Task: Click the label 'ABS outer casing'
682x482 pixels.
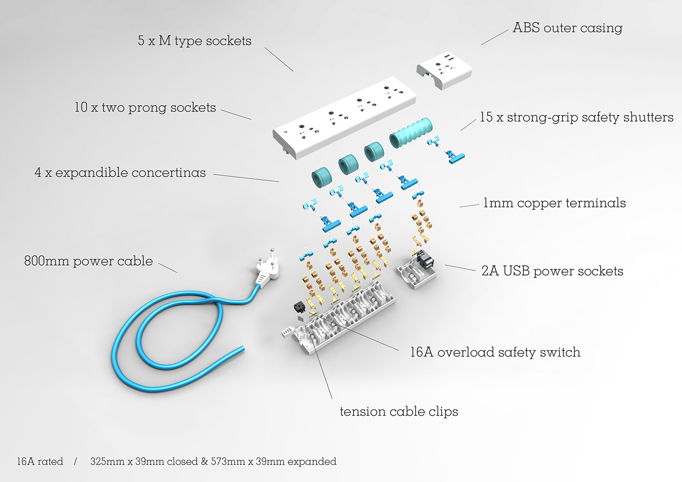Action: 567,28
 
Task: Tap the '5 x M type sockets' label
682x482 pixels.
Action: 194,41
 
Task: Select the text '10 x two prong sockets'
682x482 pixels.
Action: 145,108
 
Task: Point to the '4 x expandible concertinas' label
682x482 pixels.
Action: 120,172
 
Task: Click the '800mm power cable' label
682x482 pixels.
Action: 88,261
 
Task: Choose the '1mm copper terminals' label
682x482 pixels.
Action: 554,203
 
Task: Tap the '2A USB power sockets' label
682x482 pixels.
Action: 552,271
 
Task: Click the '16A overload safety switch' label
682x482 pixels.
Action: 495,352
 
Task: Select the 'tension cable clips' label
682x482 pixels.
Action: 399,412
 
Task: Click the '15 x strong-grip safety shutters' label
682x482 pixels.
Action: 577,117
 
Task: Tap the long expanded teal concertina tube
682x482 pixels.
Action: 411,133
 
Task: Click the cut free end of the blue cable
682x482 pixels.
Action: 242,349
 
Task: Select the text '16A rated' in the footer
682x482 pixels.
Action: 40,462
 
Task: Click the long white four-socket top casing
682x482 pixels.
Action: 344,117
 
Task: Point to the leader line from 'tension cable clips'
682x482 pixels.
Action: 322,370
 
